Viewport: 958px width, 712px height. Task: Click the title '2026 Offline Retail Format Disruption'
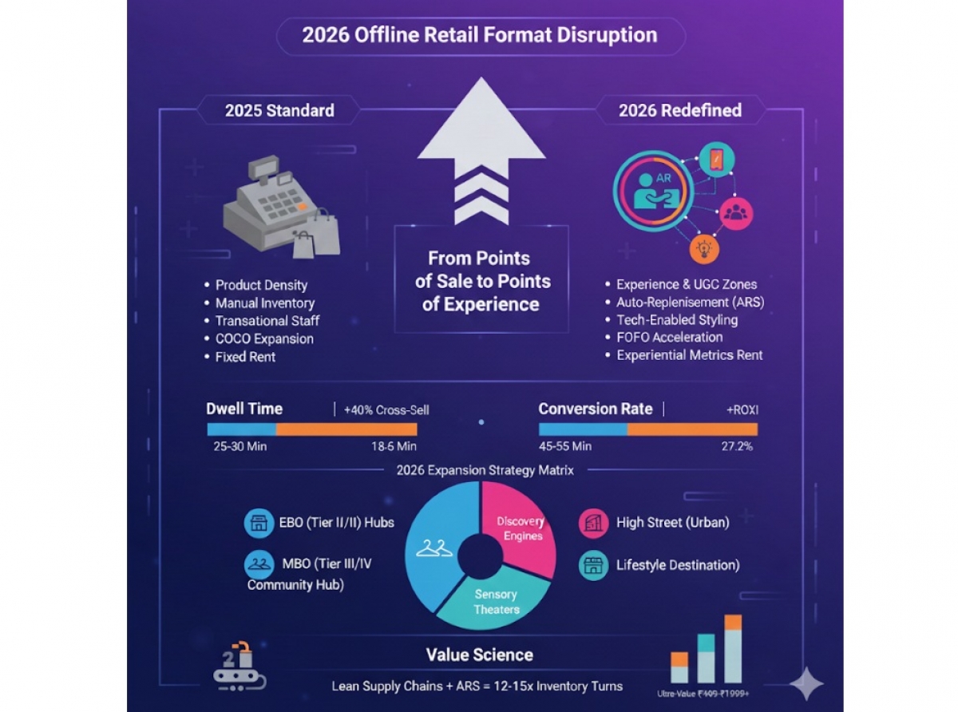point(479,35)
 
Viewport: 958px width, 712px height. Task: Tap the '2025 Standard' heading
point(279,110)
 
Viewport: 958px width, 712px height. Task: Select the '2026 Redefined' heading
point(680,110)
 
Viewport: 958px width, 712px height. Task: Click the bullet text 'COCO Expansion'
point(264,338)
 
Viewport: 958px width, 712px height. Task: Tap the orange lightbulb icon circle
point(704,249)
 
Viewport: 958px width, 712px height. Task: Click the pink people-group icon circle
point(735,212)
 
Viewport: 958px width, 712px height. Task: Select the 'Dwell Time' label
point(244,409)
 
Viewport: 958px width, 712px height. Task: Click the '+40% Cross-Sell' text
point(386,409)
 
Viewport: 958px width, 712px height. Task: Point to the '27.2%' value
point(737,446)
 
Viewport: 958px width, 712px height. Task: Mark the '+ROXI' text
point(742,409)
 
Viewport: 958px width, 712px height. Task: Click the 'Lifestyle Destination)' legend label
point(677,565)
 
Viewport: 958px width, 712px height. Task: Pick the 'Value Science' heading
point(479,655)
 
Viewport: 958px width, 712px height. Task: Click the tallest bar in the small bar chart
point(733,648)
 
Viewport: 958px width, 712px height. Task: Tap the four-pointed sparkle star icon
point(806,684)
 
